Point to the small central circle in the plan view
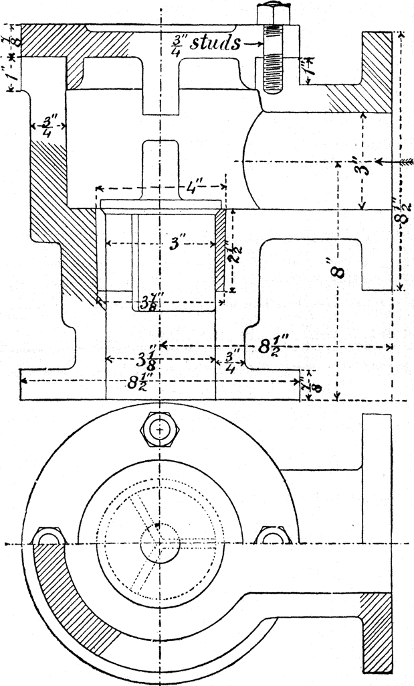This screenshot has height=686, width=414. [161, 543]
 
